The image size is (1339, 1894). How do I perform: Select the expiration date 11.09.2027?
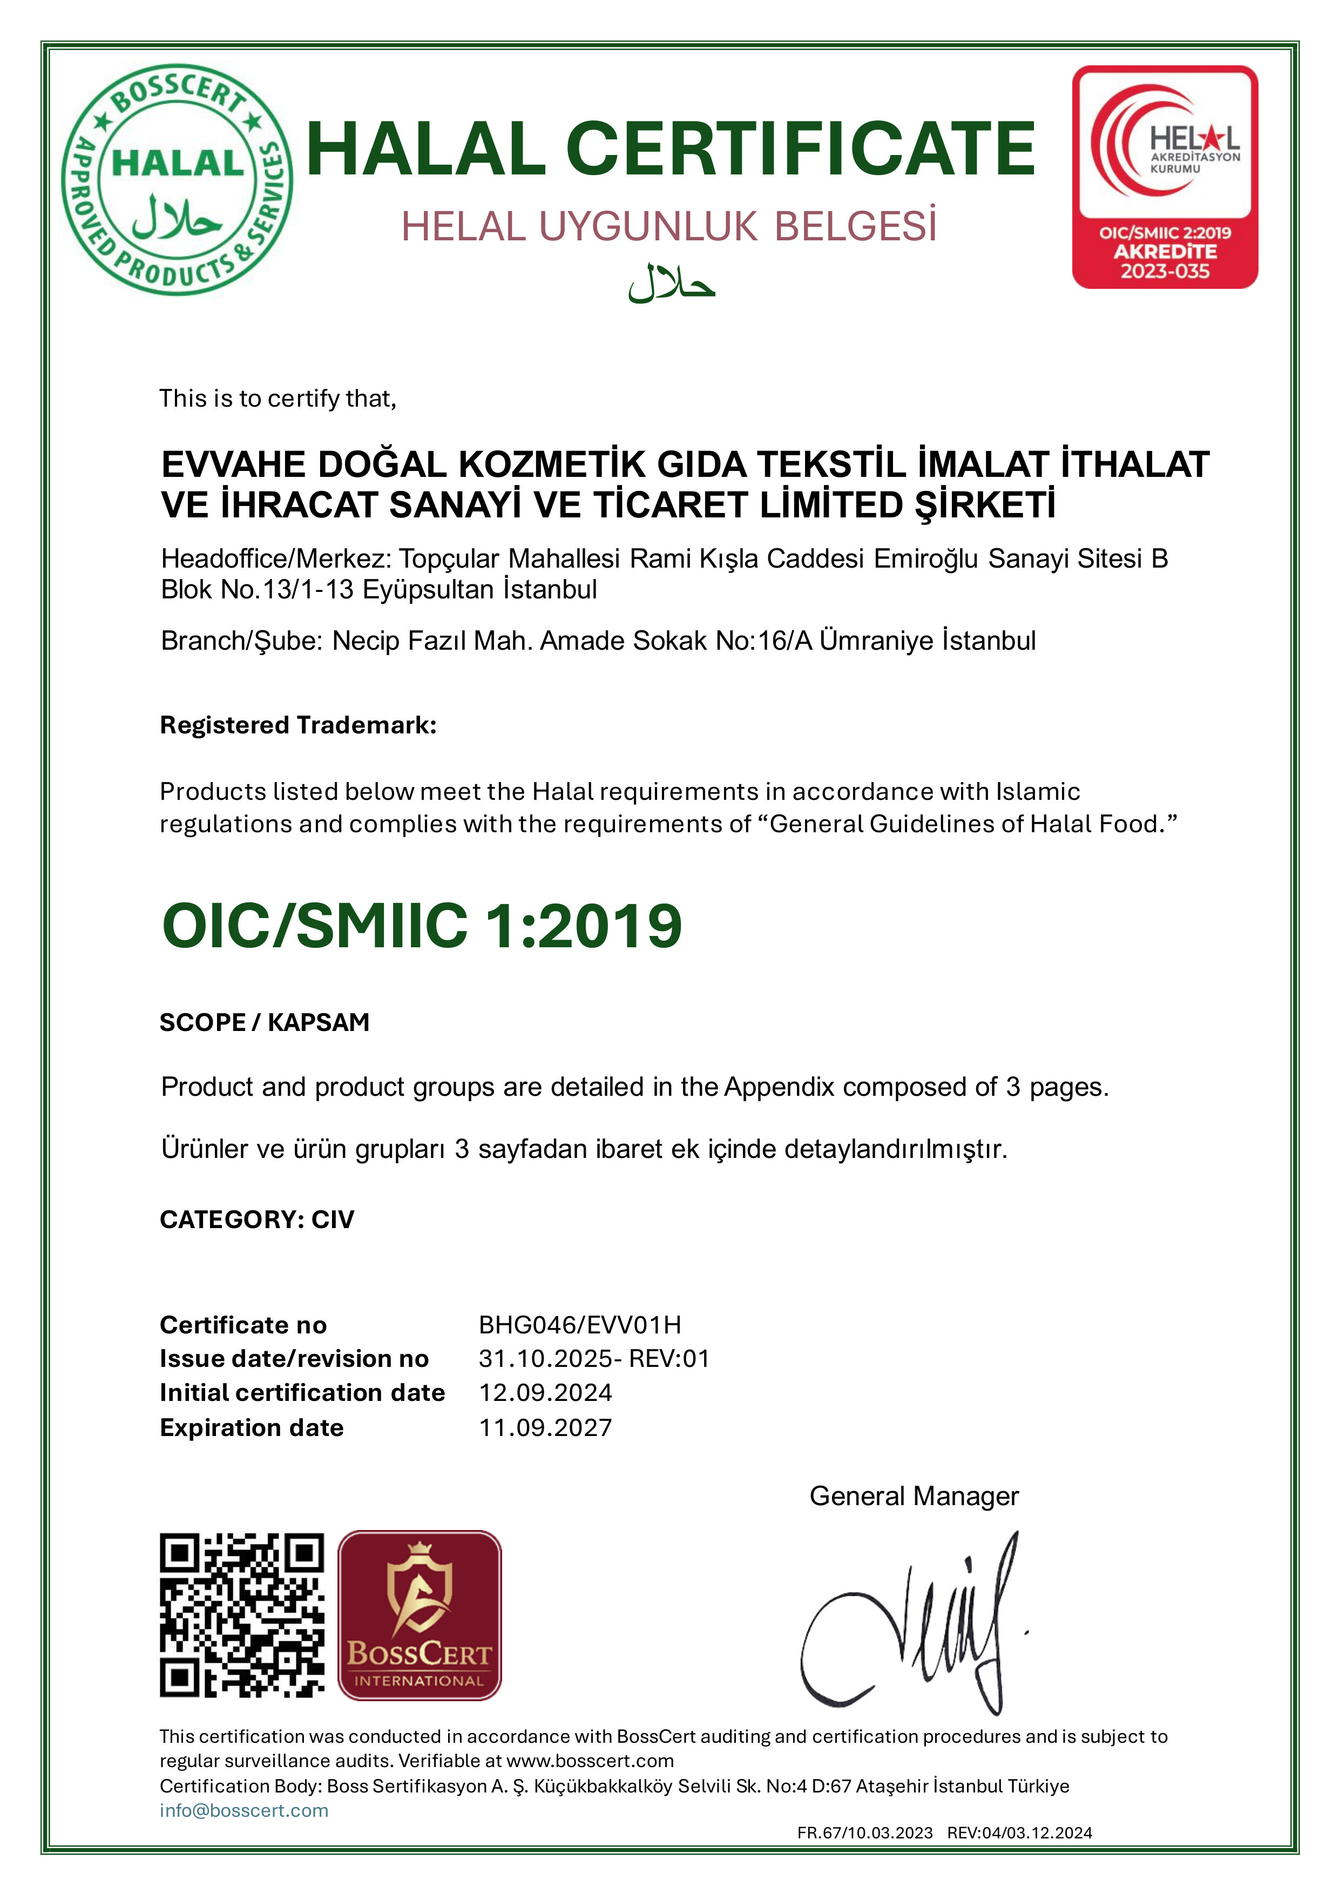tap(545, 1428)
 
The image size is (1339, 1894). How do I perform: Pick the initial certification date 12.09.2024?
tap(545, 1393)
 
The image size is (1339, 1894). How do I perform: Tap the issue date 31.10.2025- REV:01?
tap(594, 1359)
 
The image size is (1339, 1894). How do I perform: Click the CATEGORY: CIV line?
tap(256, 1219)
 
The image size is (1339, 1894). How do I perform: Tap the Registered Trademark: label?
tap(297, 725)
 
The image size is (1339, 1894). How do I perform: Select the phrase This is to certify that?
tap(278, 399)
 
